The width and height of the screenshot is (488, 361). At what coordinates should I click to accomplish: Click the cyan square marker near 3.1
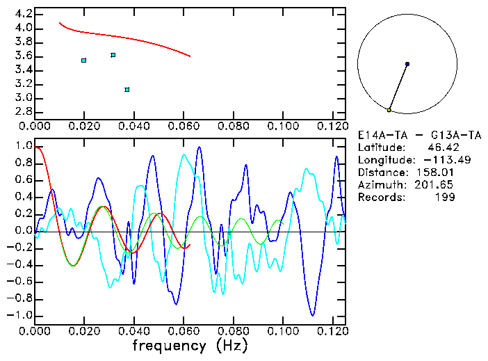point(127,90)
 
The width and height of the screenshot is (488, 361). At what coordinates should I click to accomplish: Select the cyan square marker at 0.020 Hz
point(84,61)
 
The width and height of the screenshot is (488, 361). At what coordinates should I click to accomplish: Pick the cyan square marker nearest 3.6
point(113,55)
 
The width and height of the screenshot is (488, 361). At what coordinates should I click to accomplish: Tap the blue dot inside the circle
point(407,64)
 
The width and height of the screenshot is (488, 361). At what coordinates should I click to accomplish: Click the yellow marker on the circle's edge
point(389,110)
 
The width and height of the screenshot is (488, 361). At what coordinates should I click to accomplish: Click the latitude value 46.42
point(440,147)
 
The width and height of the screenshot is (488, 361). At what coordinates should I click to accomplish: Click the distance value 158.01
point(434,173)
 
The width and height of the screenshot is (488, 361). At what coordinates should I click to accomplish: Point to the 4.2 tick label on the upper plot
point(24,14)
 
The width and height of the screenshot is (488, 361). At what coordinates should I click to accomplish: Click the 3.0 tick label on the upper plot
point(24,98)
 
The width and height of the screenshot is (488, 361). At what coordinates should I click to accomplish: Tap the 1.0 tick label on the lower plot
point(24,147)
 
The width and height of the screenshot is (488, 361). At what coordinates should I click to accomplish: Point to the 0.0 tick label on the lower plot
point(24,231)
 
